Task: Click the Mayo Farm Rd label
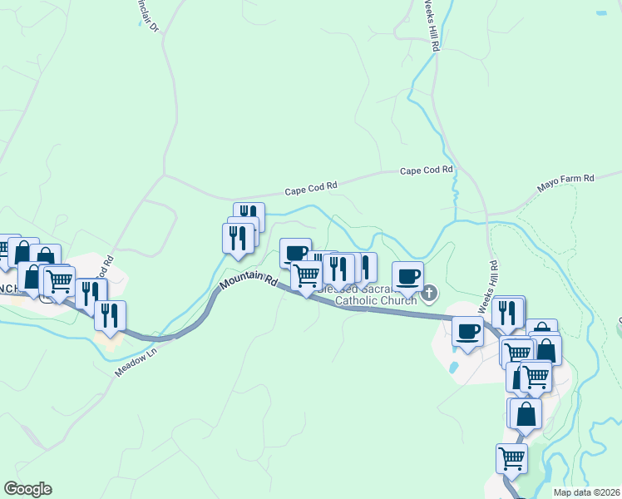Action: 565,178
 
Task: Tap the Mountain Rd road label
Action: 248,283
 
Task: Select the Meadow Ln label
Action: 135,361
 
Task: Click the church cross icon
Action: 430,292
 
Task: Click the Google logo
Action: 27,489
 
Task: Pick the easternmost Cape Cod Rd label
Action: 426,170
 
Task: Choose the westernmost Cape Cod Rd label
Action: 311,189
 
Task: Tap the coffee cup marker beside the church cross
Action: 407,275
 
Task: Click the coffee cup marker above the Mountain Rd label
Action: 295,252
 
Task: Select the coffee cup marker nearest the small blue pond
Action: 467,331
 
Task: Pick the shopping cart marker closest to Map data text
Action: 511,457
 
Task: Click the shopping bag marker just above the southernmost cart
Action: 526,413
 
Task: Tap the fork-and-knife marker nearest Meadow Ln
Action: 110,315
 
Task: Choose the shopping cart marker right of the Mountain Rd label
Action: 306,274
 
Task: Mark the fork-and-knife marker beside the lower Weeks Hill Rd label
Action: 506,312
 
